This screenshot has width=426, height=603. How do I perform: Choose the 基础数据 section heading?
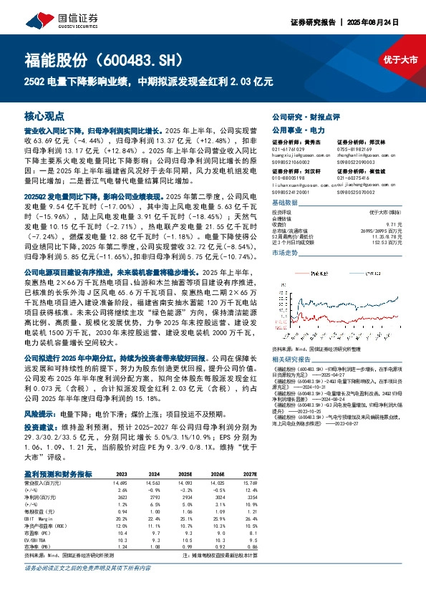click(284, 203)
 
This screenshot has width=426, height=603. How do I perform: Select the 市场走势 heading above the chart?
click(285, 253)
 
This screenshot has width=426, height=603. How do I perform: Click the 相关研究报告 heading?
click(291, 357)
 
